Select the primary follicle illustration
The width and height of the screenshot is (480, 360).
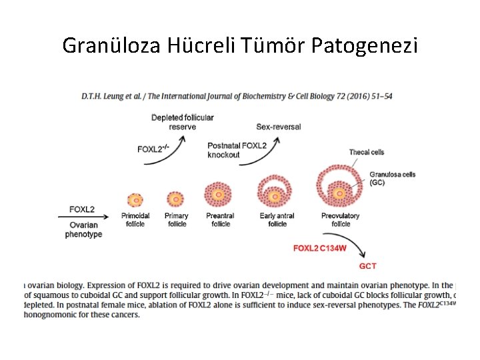(x=175, y=199)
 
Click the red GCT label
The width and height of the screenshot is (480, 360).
(x=368, y=266)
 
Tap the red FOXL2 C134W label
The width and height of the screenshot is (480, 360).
(x=320, y=249)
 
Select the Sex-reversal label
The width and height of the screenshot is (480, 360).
(x=278, y=127)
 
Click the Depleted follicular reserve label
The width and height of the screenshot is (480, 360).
(x=182, y=122)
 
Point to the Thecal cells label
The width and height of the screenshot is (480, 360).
(x=367, y=152)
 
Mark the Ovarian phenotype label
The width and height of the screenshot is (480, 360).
(x=83, y=229)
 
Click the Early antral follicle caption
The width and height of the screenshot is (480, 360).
(x=277, y=220)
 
